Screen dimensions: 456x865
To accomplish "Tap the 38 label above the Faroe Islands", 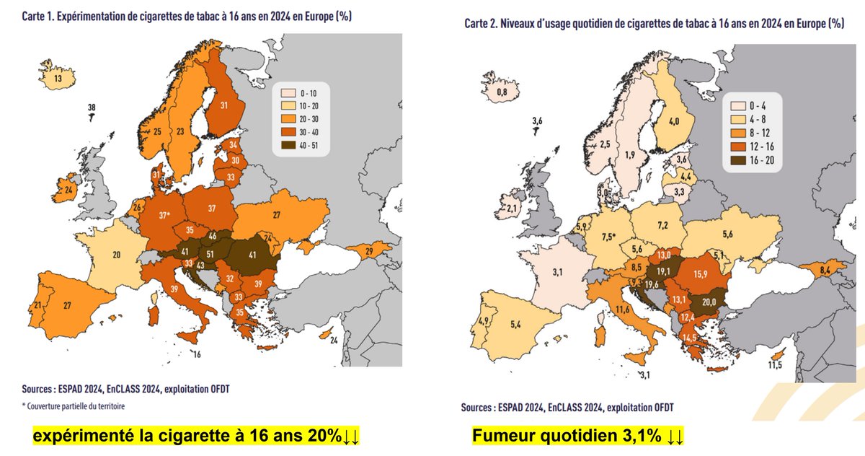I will click(92, 108).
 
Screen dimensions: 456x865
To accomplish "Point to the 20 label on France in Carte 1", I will click(116, 255).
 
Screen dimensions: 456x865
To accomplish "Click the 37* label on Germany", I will click(165, 215).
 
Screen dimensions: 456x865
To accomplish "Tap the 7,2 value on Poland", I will click(662, 226).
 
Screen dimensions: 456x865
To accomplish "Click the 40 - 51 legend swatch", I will click(286, 145).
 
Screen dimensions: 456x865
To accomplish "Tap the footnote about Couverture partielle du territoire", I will click(74, 405).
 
